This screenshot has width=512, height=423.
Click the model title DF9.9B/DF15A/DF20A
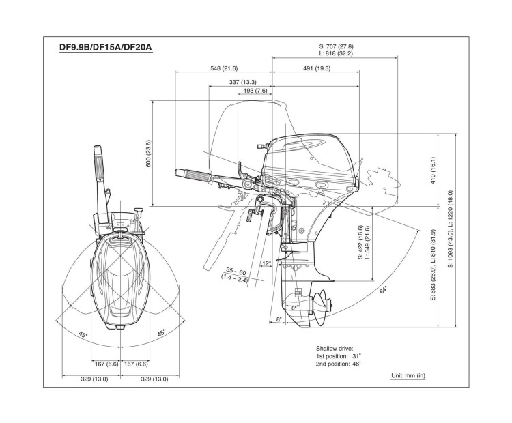coord(105,49)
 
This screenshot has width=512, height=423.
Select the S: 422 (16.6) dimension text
coord(360,239)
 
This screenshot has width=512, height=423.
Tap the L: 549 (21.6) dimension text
coord(367,239)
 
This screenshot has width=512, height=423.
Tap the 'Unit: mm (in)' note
coord(408,375)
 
